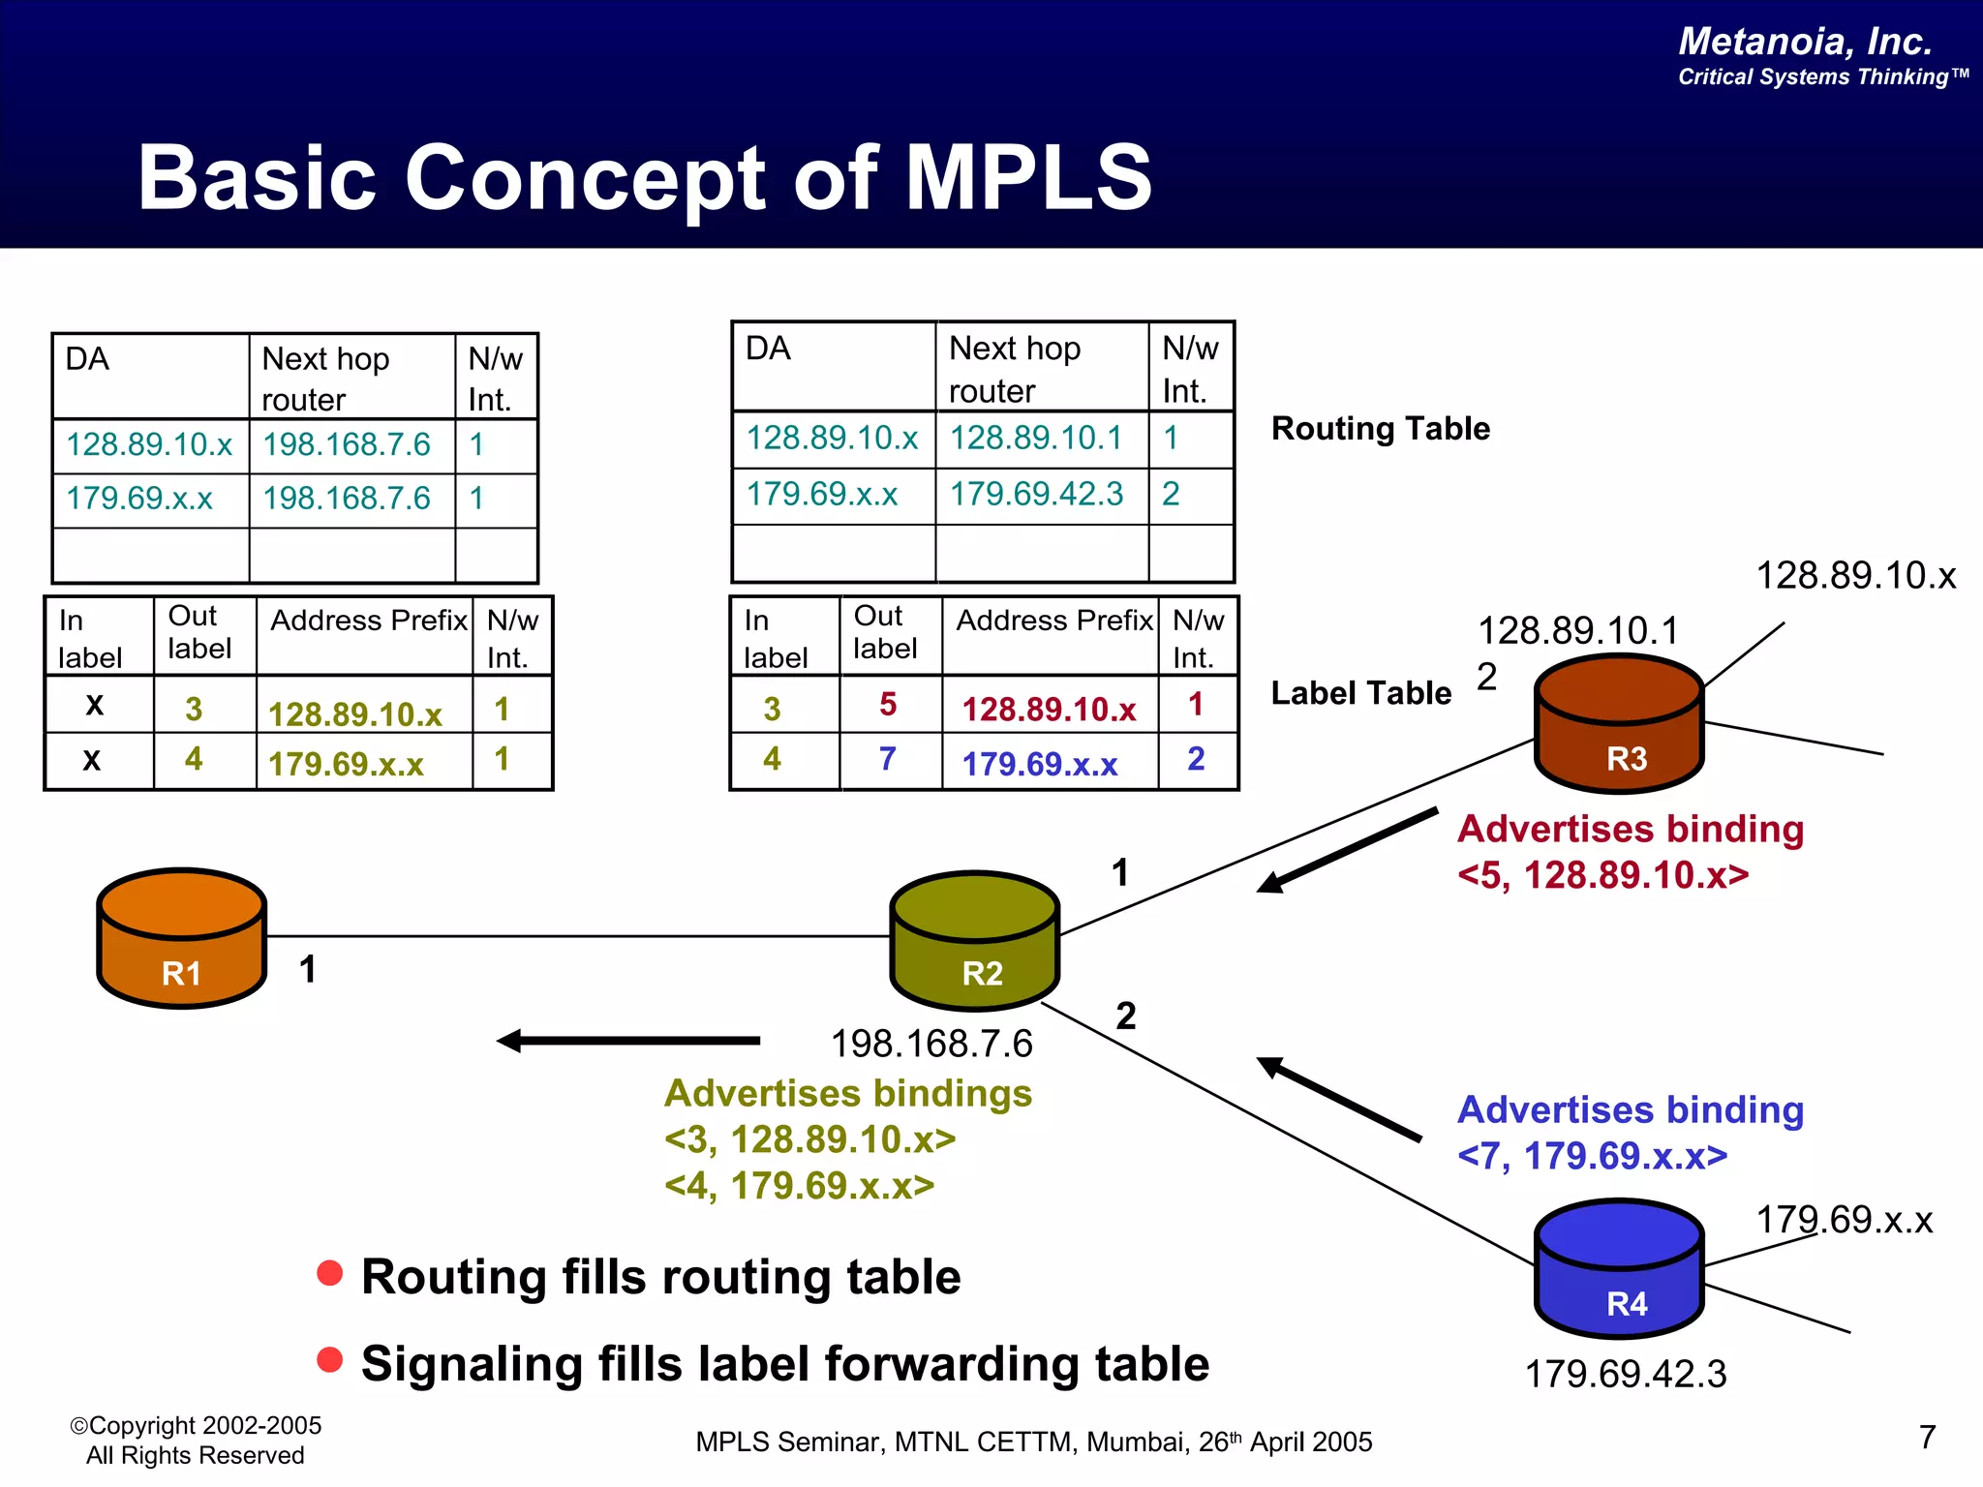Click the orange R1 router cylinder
click(181, 939)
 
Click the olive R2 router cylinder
click(974, 942)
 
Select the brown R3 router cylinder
click(1619, 725)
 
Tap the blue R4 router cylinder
click(1619, 1269)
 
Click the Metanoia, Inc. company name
click(1805, 42)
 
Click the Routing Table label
click(1380, 428)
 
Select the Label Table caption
click(1360, 693)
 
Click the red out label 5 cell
click(888, 705)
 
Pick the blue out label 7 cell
click(888, 759)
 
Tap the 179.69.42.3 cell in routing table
click(1036, 495)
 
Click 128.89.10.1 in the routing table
click(1036, 438)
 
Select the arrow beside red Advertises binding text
click(1346, 850)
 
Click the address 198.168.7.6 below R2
click(931, 1044)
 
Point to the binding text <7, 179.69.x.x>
click(1592, 1156)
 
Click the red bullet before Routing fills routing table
click(330, 1273)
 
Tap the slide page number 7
click(1927, 1437)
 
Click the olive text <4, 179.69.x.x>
click(799, 1186)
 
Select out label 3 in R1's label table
click(194, 709)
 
